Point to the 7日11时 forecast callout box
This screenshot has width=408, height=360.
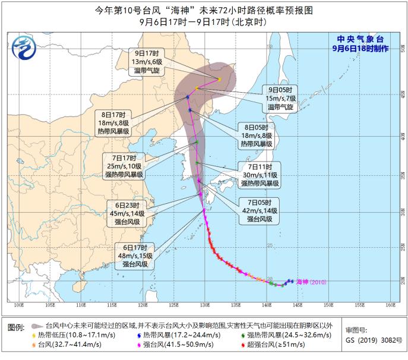tap(260, 175)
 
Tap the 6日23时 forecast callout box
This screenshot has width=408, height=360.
tap(124, 213)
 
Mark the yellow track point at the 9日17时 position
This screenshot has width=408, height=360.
tap(219, 79)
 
